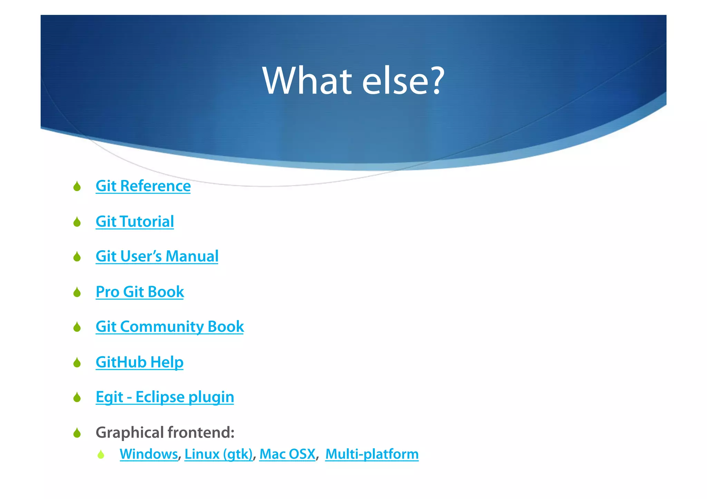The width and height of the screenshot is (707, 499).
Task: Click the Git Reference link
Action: coord(143,186)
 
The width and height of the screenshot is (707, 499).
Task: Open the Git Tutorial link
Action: coord(135,221)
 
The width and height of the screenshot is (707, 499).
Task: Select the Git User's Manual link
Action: coord(157,257)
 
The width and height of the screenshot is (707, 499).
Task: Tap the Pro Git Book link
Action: coord(140,292)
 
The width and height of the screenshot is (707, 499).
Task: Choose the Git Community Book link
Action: coord(170,327)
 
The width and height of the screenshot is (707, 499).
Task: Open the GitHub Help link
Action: coord(139,362)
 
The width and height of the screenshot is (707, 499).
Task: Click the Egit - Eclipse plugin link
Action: coord(165,397)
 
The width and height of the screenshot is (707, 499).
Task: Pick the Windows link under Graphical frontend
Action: coord(148,454)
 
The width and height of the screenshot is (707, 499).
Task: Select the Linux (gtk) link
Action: coord(219,454)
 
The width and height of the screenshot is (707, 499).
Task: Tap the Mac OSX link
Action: coord(287,454)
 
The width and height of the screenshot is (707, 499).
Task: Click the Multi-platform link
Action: coord(372,454)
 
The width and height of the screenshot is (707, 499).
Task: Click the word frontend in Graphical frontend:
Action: coord(201,432)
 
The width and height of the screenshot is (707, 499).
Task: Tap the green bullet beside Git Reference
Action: coord(77,187)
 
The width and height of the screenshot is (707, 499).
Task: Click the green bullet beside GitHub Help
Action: coord(77,362)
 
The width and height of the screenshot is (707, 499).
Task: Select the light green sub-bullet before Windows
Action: coord(101,455)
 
